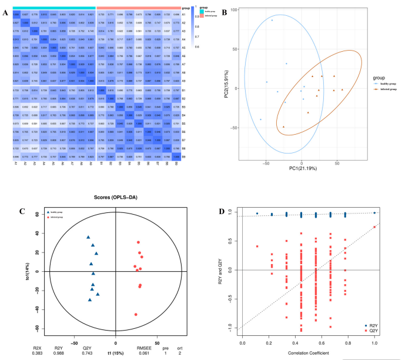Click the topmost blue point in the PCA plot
click(272, 20)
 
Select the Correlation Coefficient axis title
click(309, 352)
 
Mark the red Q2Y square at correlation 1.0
click(374, 227)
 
